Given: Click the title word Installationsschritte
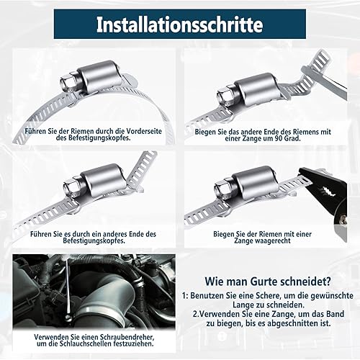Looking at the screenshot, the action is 179,24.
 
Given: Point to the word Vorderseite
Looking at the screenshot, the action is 144,131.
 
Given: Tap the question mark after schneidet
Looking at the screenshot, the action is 328,282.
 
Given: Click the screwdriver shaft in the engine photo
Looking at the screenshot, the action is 68,288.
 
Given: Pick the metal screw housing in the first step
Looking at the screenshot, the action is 98,76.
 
